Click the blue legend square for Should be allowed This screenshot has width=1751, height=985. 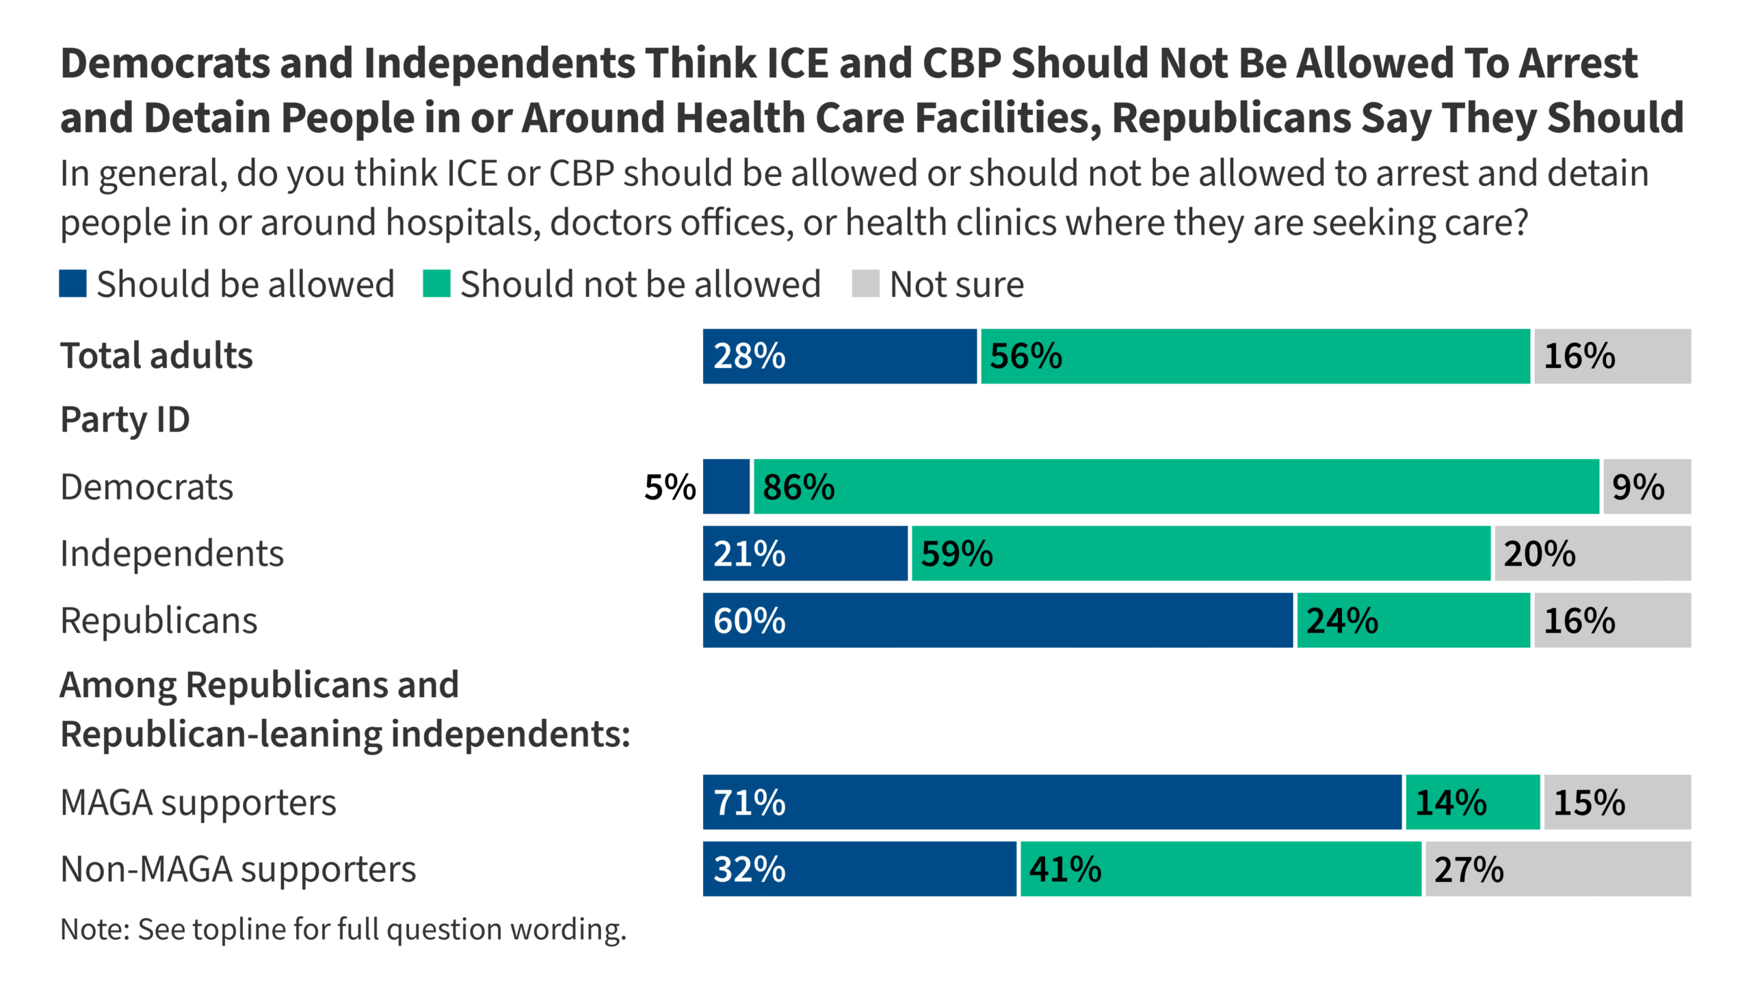pyautogui.click(x=73, y=284)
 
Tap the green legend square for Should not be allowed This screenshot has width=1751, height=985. pyautogui.click(x=436, y=284)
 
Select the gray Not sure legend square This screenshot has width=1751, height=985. pyautogui.click(x=865, y=284)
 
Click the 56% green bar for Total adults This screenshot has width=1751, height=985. pyautogui.click(x=1255, y=356)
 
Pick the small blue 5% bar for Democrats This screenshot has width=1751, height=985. pyautogui.click(x=726, y=486)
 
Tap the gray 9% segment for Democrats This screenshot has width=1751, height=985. pyautogui.click(x=1646, y=486)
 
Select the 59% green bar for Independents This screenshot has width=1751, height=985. pyautogui.click(x=1201, y=553)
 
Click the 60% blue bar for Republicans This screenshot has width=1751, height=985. pyautogui.click(x=998, y=620)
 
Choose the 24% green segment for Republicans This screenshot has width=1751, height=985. pyautogui.click(x=1413, y=620)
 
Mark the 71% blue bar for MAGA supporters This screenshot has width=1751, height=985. pyautogui.click(x=1052, y=802)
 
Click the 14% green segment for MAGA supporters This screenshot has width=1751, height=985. pyautogui.click(x=1473, y=802)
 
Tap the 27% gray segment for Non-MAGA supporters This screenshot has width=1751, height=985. pyautogui.click(x=1558, y=869)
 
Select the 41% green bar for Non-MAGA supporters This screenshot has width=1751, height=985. pyautogui.click(x=1221, y=869)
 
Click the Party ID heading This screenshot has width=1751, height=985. pyautogui.click(x=125, y=419)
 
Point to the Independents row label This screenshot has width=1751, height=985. pyautogui.click(x=172, y=553)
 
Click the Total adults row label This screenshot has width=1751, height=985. pyautogui.click(x=157, y=356)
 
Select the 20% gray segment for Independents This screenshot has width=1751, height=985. pyautogui.click(x=1592, y=553)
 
